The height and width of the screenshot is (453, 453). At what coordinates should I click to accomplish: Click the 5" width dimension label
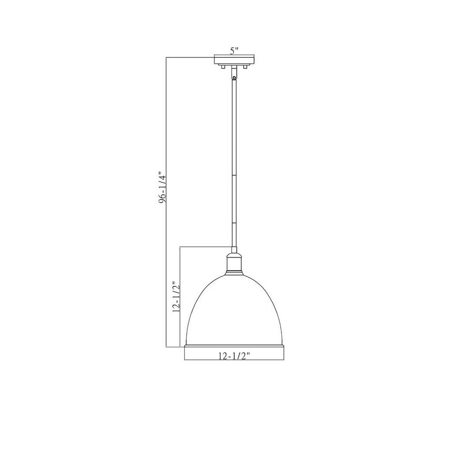click(x=234, y=51)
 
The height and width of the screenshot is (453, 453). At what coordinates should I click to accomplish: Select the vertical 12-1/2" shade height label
click(x=177, y=297)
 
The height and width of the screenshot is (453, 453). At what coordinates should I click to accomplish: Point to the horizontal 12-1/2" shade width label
click(x=234, y=356)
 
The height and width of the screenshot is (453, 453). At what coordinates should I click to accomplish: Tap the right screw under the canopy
click(x=245, y=67)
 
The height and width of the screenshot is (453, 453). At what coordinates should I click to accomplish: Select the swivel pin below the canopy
click(x=234, y=77)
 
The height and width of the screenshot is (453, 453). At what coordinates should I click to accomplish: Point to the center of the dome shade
click(x=234, y=310)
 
